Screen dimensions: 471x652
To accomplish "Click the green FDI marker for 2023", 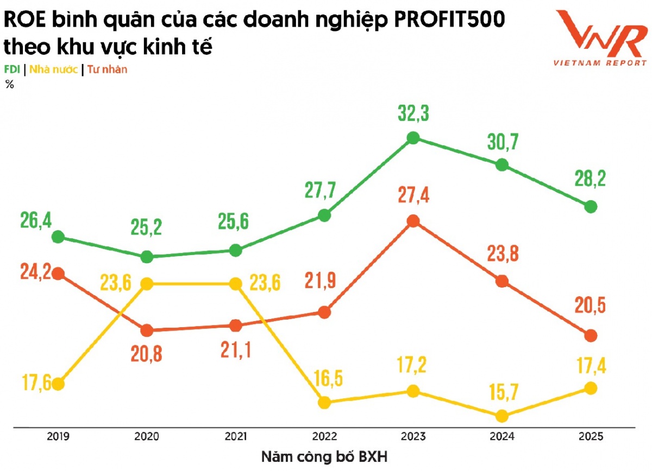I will pyautogui.click(x=413, y=138).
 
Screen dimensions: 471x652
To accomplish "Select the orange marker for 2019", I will pyautogui.click(x=58, y=273).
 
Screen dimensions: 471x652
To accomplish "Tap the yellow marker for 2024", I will pyautogui.click(x=502, y=416).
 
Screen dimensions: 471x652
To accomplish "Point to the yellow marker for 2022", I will pyautogui.click(x=324, y=402).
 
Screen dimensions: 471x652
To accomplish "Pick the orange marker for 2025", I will pyautogui.click(x=591, y=336).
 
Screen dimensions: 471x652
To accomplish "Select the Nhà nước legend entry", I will pyautogui.click(x=53, y=69).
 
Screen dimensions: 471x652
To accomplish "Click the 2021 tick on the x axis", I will pyautogui.click(x=235, y=436).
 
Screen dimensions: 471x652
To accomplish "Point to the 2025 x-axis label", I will pyautogui.click(x=591, y=436).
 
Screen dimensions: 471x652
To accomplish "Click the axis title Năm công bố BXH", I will pyautogui.click(x=324, y=456).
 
